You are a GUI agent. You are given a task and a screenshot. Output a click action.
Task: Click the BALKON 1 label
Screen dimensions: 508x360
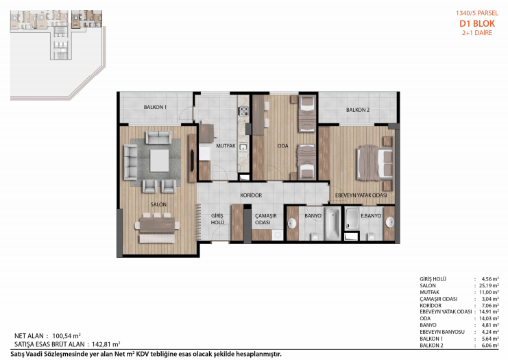(155, 107)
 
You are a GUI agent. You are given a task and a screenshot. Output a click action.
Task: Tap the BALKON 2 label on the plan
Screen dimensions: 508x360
(358, 110)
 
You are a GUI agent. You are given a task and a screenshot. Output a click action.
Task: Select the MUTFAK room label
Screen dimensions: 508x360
(226, 146)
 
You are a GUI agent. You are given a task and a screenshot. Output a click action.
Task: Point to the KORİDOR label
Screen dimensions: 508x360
(251, 195)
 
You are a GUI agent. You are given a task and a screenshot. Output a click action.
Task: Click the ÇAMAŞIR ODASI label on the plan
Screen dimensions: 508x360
(266, 219)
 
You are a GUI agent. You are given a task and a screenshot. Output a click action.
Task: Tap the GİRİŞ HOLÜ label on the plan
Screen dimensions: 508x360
(217, 219)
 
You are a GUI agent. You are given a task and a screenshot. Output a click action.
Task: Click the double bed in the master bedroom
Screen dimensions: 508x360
(375, 163)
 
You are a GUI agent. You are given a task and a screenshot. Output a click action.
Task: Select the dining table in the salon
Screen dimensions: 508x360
(157, 225)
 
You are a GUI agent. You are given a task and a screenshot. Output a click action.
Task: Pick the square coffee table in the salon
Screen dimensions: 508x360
(159, 160)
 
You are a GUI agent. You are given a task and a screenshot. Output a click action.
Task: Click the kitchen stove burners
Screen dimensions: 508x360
(243, 111)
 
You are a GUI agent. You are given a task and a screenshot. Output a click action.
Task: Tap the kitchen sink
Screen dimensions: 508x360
(243, 147)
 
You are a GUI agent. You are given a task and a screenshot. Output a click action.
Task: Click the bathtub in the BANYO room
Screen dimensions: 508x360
(332, 224)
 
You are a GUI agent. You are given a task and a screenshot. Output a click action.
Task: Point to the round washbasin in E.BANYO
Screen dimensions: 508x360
(390, 222)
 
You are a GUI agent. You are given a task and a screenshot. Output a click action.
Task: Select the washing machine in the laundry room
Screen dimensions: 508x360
(278, 235)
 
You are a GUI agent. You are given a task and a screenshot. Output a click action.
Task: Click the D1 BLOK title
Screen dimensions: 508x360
(477, 23)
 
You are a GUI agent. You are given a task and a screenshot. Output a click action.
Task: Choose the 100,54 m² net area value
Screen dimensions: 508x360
(66, 336)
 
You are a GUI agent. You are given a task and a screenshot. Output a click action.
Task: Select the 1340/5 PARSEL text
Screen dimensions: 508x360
(477, 13)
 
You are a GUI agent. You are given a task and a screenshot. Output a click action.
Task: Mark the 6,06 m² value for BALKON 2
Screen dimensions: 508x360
(490, 346)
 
